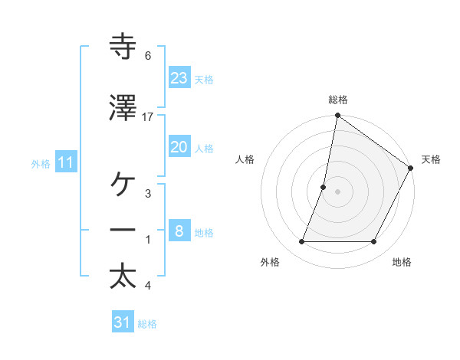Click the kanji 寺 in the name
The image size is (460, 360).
pos(123,47)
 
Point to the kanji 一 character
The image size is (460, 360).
pos(123,232)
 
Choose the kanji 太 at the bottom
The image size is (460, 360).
pos(123,277)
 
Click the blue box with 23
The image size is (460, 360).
pos(179,78)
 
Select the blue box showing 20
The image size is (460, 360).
pos(179,148)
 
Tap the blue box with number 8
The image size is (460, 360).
pos(179,231)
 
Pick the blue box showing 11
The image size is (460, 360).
pos(66,162)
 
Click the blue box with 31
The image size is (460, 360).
pos(123,322)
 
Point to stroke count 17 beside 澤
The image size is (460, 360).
pos(148,116)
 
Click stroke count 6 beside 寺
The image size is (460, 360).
pos(148,56)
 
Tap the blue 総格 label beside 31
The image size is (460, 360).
pos(147,324)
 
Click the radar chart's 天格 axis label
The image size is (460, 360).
pos(431,159)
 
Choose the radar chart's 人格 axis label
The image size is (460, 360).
pos(245,159)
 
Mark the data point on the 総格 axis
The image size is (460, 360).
pos(337,116)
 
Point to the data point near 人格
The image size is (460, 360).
pos(324,187)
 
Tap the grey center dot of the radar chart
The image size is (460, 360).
pos(337,191)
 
